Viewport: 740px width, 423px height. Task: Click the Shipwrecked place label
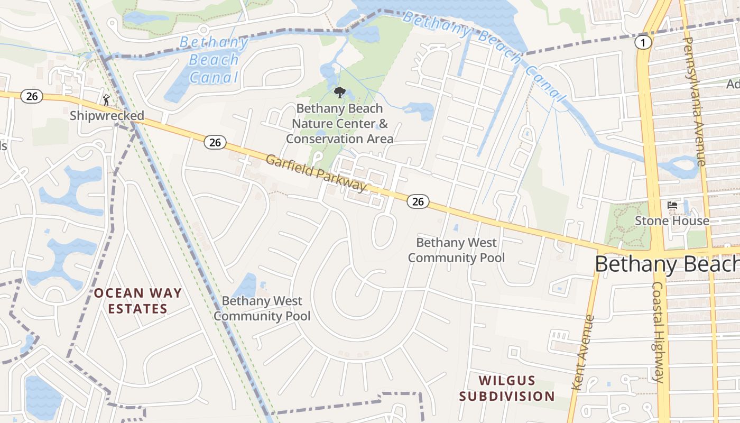[107, 115]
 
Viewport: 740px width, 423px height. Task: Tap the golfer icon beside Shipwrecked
[107, 99]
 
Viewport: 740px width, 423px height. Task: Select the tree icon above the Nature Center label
[339, 93]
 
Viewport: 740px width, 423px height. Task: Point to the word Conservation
[319, 139]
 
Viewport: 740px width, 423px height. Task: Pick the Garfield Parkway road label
[316, 173]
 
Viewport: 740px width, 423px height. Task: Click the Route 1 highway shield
[643, 43]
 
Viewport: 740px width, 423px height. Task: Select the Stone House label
[672, 220]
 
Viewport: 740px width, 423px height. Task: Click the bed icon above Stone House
[672, 205]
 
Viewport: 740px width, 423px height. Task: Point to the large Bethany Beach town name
[667, 264]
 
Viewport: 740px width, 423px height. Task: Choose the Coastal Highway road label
[658, 331]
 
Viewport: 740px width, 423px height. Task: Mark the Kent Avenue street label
[583, 353]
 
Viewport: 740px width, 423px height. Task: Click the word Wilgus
[499, 380]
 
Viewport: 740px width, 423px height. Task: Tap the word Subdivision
[506, 396]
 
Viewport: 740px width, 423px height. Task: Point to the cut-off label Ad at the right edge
[733, 84]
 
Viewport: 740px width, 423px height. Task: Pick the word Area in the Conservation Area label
[377, 139]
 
